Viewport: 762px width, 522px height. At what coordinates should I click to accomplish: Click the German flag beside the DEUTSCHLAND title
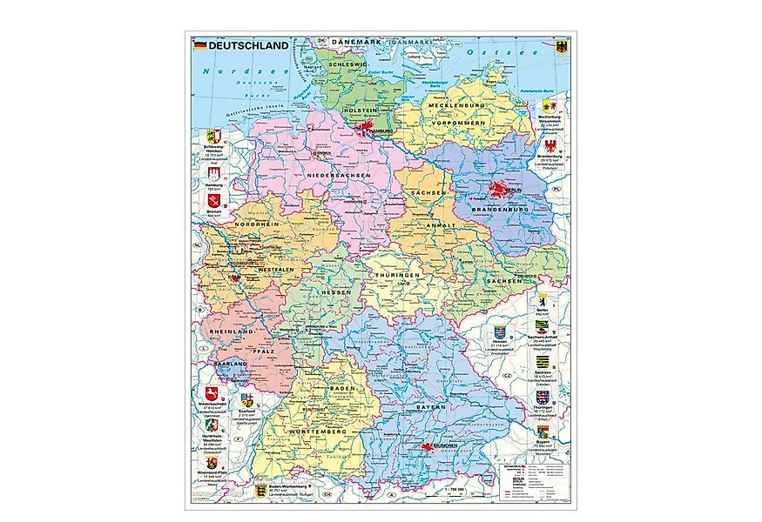tap(199, 44)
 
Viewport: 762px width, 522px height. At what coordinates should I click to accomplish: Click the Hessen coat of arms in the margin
tap(500, 332)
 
